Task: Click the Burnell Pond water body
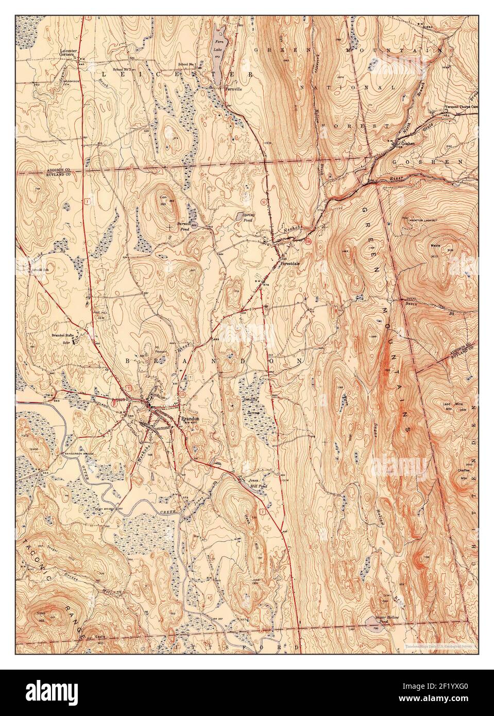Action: (x=184, y=227)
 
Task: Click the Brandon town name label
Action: (x=189, y=419)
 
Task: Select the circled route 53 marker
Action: (x=263, y=200)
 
